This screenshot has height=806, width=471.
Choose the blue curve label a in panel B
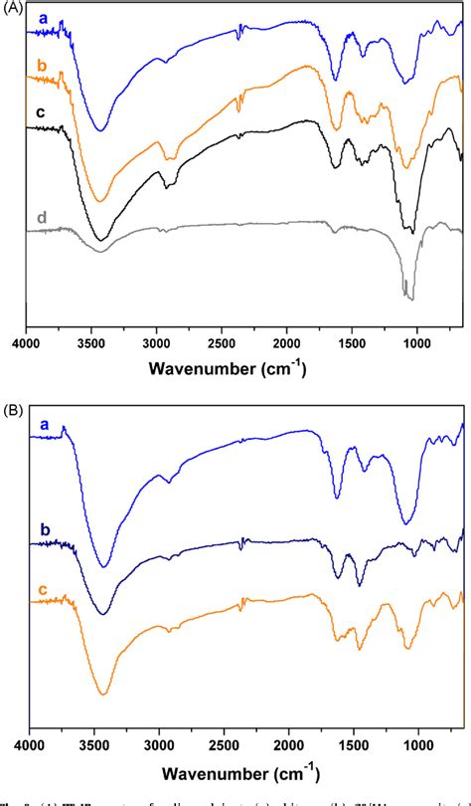point(43,426)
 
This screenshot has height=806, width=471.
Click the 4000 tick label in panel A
point(27,344)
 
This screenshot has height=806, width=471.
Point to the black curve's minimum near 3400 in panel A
point(99,240)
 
